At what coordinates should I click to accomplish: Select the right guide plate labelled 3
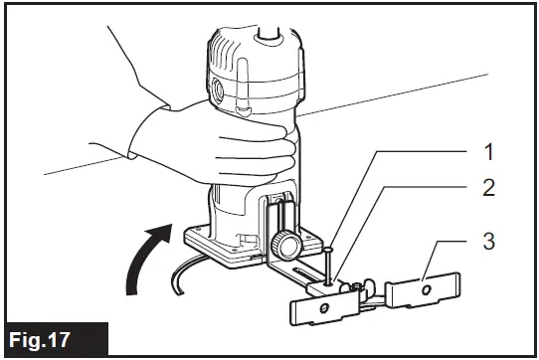[x=423, y=291]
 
